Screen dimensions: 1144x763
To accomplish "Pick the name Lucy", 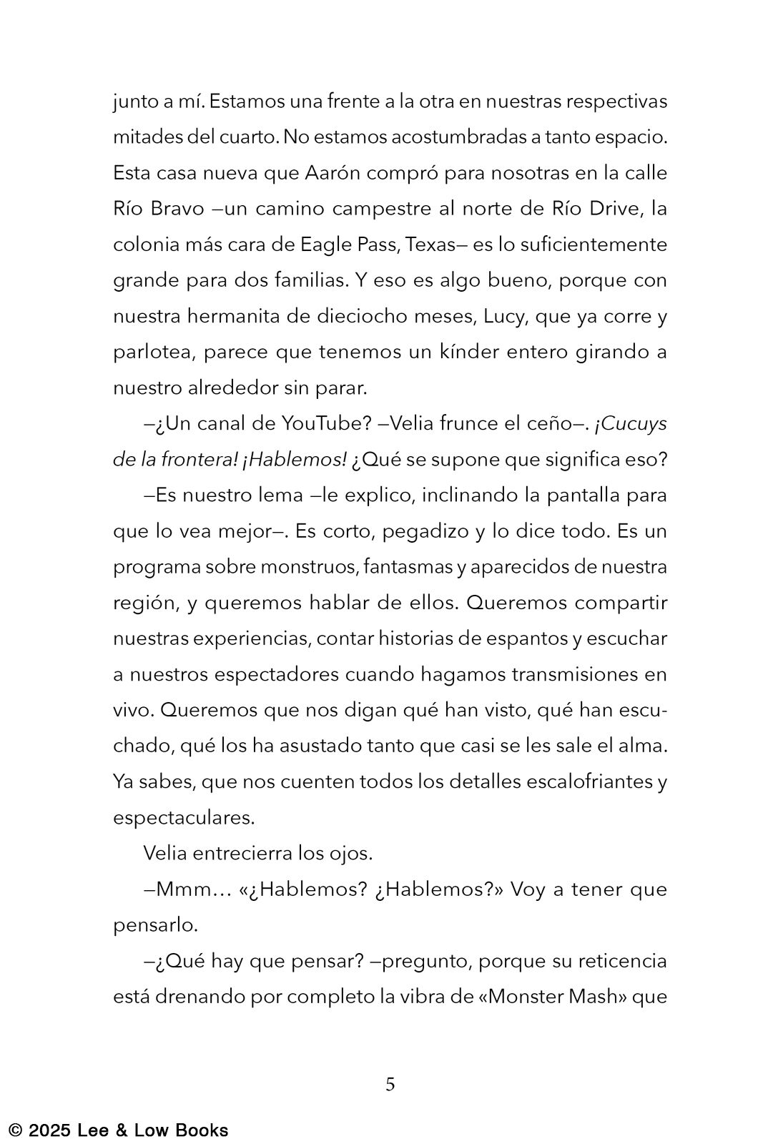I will point(504,316).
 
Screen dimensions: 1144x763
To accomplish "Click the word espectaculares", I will point(183,817).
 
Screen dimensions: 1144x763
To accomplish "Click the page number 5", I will point(390,1085).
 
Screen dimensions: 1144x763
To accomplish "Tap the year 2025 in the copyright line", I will point(50,1130).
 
